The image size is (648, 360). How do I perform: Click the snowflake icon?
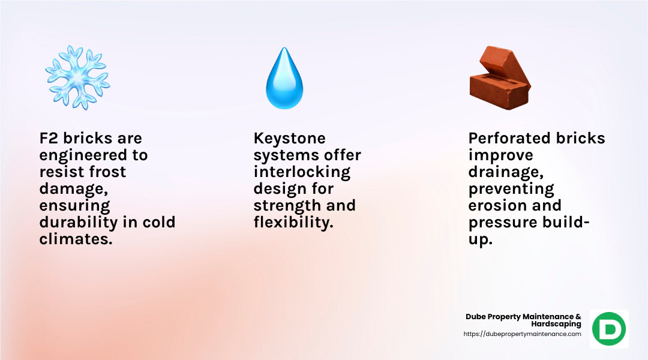pos(77,77)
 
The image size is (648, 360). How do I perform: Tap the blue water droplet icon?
pos(284,78)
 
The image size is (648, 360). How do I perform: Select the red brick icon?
pos(500,78)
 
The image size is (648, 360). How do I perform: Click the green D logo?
pos(609,329)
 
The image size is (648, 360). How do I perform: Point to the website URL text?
pos(523,334)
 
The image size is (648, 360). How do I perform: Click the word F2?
pos(49,138)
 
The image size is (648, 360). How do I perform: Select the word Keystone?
pos(290,139)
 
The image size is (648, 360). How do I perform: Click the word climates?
pos(76,239)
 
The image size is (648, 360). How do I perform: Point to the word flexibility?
pos(293,223)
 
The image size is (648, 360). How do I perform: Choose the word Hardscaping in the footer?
pos(556,324)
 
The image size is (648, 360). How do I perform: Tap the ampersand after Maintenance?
pos(578,317)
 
